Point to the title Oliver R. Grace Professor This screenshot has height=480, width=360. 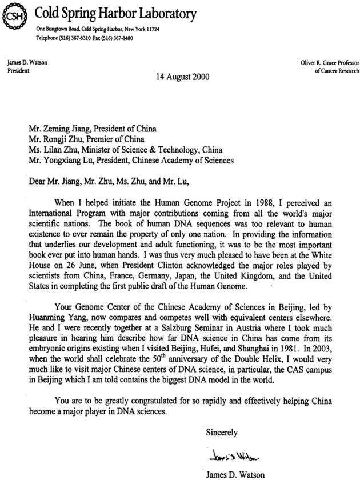[326, 63]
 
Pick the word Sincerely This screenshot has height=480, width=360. [222, 432]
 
